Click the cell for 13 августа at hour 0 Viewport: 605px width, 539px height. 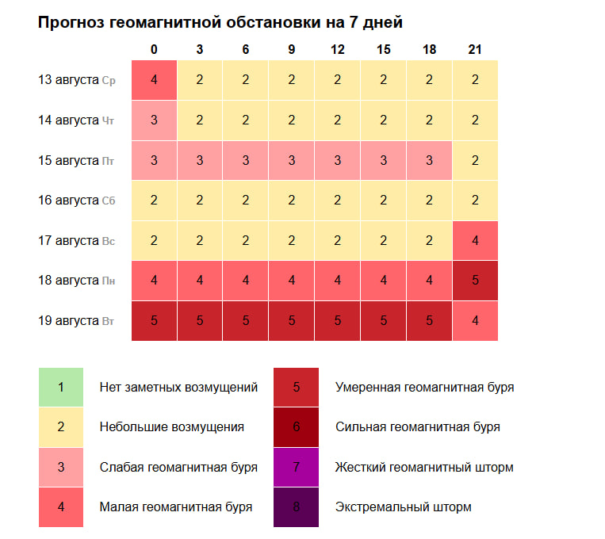[x=154, y=80]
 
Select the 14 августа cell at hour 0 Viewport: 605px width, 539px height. [x=154, y=120]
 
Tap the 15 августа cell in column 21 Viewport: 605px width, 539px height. [x=475, y=160]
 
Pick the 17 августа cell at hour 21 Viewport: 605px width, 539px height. [x=475, y=240]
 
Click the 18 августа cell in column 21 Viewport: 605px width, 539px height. [x=475, y=281]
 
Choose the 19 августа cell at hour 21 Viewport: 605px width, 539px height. [x=475, y=320]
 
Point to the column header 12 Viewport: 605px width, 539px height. [x=338, y=49]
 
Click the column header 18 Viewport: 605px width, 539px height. [x=429, y=49]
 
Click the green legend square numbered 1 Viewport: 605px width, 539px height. [x=61, y=388]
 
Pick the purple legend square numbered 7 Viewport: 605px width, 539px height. [x=297, y=467]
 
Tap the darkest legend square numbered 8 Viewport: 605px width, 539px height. [x=297, y=507]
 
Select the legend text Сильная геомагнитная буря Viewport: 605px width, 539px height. [x=417, y=427]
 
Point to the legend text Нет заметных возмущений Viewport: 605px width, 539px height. [x=178, y=388]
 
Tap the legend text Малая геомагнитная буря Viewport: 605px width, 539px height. [x=175, y=507]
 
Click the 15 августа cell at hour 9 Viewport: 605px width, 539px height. [x=292, y=160]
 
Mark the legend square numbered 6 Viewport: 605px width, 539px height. [x=297, y=427]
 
